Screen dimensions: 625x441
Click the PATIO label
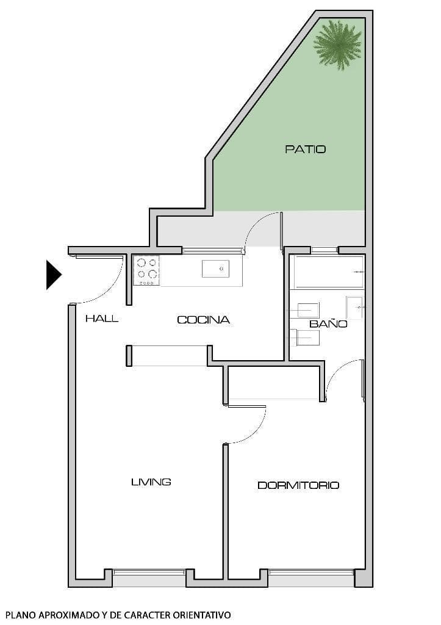[305, 149]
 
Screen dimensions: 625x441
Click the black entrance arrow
[53, 275]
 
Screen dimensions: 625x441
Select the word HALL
[102, 319]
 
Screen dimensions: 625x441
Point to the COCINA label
[203, 320]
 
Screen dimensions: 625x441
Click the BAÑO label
[328, 323]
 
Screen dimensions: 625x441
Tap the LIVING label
[151, 482]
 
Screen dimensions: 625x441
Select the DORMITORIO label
[298, 486]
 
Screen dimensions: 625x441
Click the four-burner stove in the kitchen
[147, 270]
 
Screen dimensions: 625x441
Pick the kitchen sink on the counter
[215, 269]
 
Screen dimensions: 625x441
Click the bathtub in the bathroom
[328, 272]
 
